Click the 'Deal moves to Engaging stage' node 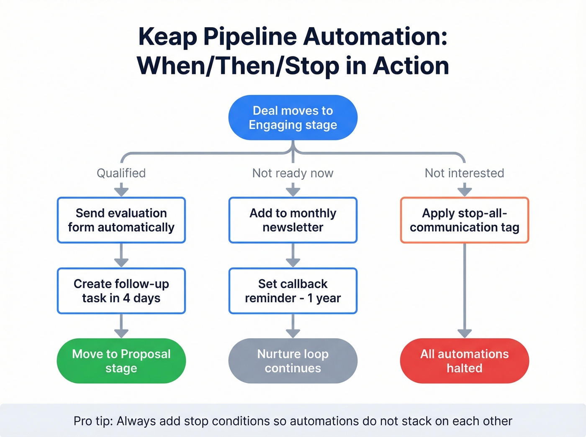293,118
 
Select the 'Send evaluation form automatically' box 121,220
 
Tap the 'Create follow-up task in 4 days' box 121,291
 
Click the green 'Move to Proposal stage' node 121,361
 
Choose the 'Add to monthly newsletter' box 293,220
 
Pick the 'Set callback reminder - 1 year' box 293,291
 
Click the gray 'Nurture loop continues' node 293,361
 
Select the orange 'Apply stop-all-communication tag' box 465,220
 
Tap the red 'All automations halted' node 465,361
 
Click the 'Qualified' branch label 121,173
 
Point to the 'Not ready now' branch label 293,173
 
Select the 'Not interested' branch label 465,173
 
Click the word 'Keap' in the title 167,37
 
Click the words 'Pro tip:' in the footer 93,421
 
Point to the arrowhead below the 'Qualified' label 121,192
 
